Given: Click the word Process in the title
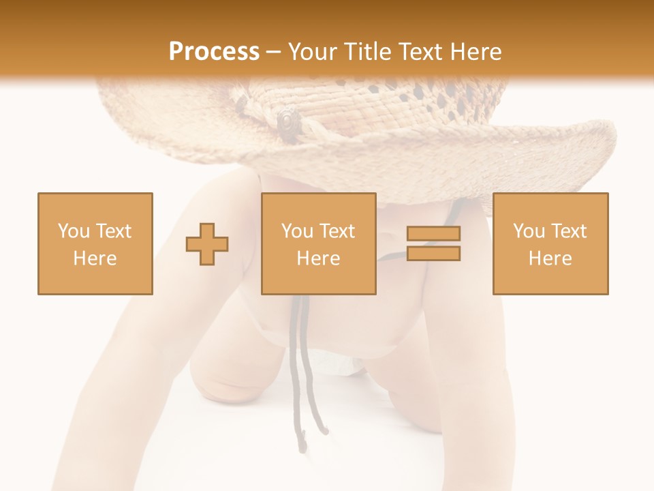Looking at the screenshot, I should pos(214,52).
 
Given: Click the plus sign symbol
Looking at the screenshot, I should pos(207,244).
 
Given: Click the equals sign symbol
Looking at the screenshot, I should pos(433,243).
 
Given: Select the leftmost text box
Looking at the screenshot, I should pos(95,243).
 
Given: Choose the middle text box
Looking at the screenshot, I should pos(318,243).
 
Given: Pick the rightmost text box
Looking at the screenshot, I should pos(550,243).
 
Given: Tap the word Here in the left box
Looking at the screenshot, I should pos(95,258).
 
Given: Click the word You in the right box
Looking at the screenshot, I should pos(529,231).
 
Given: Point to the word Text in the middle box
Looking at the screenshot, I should pos(337,231).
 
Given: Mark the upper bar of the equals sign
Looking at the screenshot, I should pos(433,234).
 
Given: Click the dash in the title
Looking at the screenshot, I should pos(273,52).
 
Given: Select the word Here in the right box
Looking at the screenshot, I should pos(550,258).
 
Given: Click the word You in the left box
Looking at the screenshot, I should pos(74,231).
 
